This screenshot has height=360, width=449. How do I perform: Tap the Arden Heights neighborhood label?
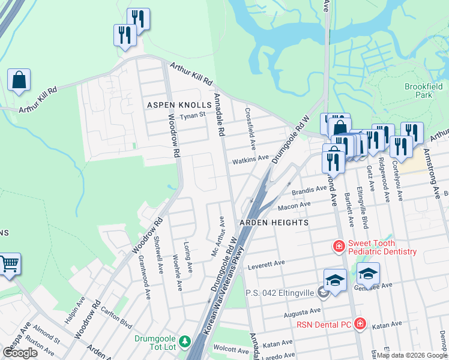click(274, 223)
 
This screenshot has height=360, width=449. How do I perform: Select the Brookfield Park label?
click(418, 91)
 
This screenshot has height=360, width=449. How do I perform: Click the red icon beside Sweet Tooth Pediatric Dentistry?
click(339, 246)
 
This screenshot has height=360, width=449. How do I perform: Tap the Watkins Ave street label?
click(251, 158)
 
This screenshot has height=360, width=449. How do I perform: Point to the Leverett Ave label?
click(265, 263)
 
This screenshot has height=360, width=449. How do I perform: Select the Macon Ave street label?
click(294, 206)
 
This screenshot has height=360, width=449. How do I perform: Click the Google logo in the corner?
click(20, 353)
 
